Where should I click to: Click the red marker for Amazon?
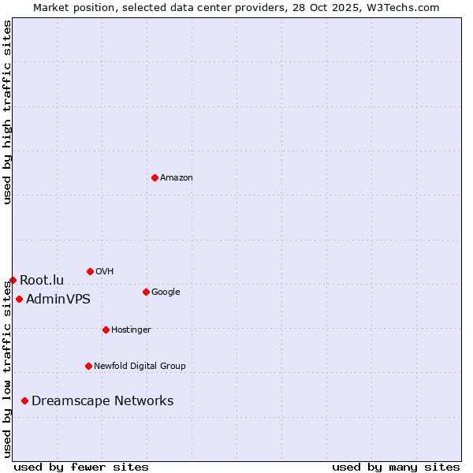[155, 177]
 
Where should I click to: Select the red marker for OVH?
[90, 271]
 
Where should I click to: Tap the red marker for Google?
[146, 292]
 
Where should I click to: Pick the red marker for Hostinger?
[106, 330]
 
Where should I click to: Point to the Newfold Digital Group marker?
[88, 366]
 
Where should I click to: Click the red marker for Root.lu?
[13, 280]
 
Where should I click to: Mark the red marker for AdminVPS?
[19, 299]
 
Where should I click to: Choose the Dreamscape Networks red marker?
[24, 401]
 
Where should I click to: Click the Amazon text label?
[177, 178]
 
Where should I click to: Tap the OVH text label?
[105, 272]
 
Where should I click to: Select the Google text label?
[166, 292]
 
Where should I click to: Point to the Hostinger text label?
[131, 330]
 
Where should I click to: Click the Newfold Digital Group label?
[140, 367]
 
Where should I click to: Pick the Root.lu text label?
[42, 280]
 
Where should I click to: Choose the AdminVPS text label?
[58, 300]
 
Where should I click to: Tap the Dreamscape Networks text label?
[102, 401]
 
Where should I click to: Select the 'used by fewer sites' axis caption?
[81, 467]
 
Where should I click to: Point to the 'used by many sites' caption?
[396, 467]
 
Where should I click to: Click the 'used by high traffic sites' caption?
[7, 112]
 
